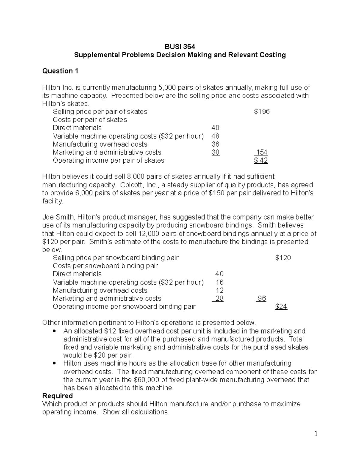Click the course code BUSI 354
(x=180, y=47)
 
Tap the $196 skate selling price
(x=262, y=112)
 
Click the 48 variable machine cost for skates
(x=215, y=136)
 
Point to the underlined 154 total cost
(x=262, y=152)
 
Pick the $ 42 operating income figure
(x=261, y=161)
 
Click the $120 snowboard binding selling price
(x=283, y=258)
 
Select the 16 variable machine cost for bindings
(x=220, y=282)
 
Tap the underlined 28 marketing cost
(x=219, y=299)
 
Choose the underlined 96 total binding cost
(x=262, y=299)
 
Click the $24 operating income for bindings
(x=281, y=307)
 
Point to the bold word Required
(x=58, y=396)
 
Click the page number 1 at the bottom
(x=316, y=433)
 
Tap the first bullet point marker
(x=54, y=332)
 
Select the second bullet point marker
(x=54, y=364)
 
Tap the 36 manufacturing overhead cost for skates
(x=215, y=144)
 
